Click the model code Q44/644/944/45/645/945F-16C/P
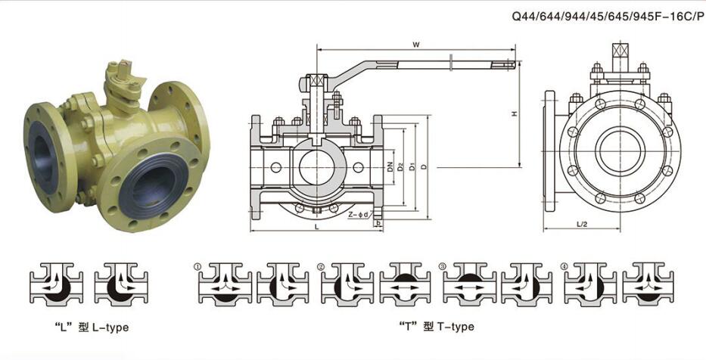(x=608, y=16)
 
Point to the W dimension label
(x=416, y=44)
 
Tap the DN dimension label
(x=390, y=167)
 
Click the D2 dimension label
(x=401, y=167)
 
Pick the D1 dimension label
(x=412, y=167)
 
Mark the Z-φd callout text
(x=359, y=215)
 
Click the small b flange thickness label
(x=378, y=223)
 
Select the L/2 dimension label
(x=582, y=224)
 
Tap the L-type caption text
(x=92, y=327)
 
